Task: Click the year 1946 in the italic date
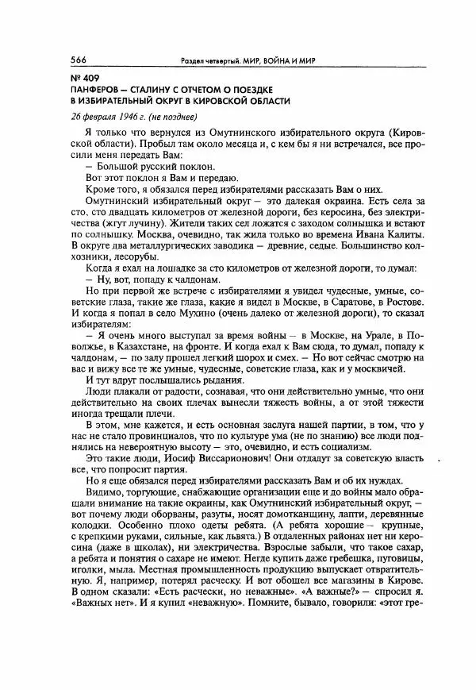(x=116, y=116)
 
